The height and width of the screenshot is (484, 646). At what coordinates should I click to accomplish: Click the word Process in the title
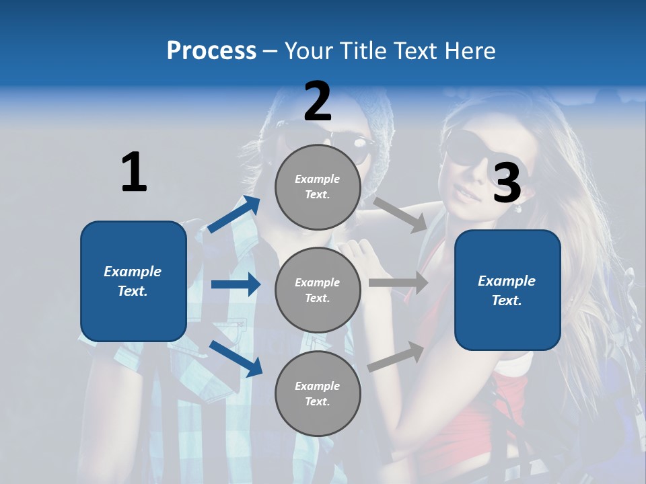(x=211, y=51)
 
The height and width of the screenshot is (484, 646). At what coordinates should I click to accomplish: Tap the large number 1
(x=134, y=172)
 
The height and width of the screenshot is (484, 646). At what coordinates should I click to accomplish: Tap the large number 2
(x=318, y=102)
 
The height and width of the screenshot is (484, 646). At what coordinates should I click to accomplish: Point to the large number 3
(x=507, y=183)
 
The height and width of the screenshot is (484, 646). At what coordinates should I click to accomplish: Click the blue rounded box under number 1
(x=133, y=281)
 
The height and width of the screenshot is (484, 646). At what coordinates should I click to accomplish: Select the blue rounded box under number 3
(x=507, y=290)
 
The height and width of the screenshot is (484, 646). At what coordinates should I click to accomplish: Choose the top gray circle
(x=318, y=187)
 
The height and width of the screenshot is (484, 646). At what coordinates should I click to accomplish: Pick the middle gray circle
(x=318, y=290)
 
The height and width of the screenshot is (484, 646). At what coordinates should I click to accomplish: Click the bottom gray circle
(x=318, y=393)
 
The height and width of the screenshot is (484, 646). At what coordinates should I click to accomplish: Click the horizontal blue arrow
(x=236, y=284)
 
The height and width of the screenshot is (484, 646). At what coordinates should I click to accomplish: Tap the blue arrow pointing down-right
(x=236, y=358)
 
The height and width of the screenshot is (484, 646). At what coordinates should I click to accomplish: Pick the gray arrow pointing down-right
(x=400, y=214)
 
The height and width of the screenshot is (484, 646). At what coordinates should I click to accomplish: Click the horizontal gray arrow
(x=398, y=282)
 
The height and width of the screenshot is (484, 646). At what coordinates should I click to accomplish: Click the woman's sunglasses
(x=464, y=150)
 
